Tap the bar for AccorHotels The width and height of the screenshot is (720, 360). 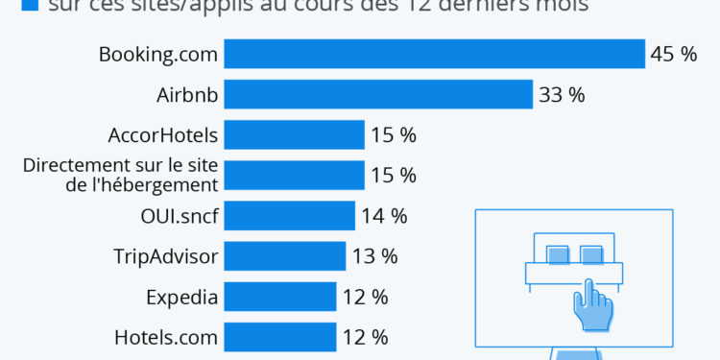coord(295,134)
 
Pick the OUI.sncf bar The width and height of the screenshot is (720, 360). coord(290,216)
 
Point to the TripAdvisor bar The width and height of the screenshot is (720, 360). coord(285,256)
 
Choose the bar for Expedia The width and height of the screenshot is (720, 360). coord(280,297)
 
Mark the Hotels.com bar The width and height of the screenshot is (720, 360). coord(280,337)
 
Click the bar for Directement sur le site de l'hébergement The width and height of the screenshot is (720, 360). coord(295,175)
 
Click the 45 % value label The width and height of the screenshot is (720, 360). coord(673,55)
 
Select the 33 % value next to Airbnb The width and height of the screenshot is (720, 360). coord(562,95)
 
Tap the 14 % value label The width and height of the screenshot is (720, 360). coord(384,216)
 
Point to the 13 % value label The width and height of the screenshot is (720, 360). coord(374,256)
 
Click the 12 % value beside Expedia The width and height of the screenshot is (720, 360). coord(365,297)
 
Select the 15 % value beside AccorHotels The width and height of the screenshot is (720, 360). coord(394,135)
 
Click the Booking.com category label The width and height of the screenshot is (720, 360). coord(158,55)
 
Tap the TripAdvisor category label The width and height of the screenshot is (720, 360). coord(166,256)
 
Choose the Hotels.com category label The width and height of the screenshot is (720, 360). coord(166,337)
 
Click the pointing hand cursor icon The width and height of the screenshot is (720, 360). coord(591,305)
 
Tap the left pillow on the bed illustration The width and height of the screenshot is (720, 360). coord(558,254)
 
